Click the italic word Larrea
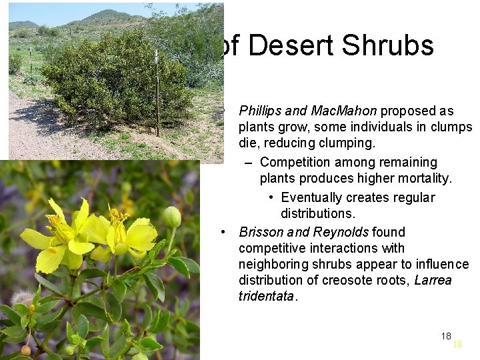433,280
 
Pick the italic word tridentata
265,297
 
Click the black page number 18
446,335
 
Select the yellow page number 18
457,345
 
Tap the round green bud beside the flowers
172,217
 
